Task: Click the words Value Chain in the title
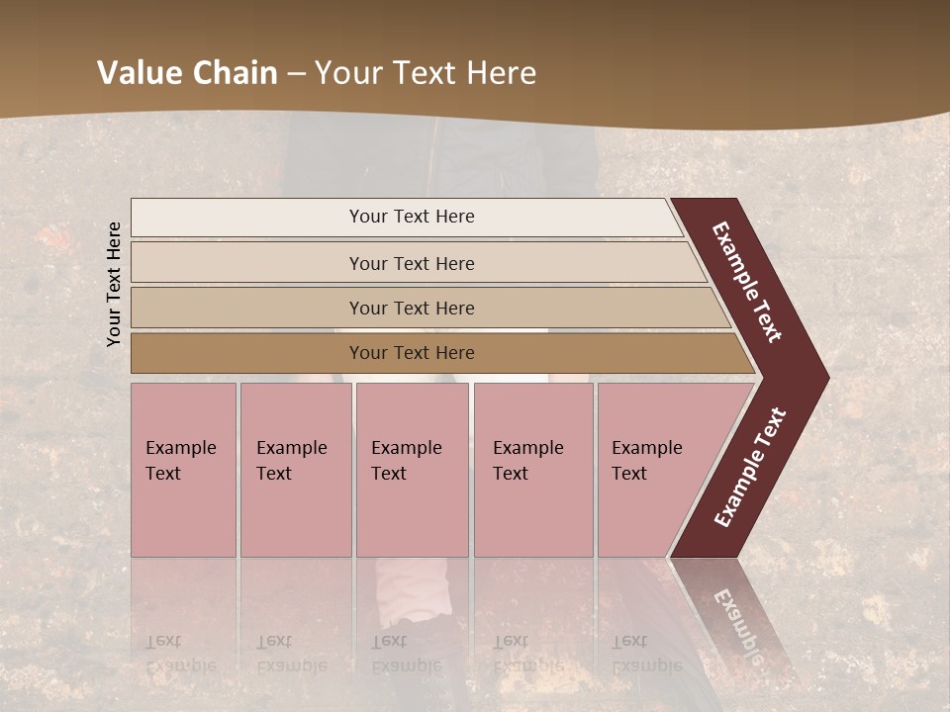pos(187,73)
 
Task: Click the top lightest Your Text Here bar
pos(411,217)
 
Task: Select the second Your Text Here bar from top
pos(411,263)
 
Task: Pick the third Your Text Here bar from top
pos(411,308)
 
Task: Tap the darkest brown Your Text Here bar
pos(411,353)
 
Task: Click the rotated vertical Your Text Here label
pos(114,284)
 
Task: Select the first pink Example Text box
pos(183,470)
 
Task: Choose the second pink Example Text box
pos(295,470)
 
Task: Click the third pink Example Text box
pos(412,470)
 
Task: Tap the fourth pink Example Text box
pos(532,470)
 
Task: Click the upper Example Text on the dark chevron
pos(747,283)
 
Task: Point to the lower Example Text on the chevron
pos(750,468)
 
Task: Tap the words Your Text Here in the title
pos(425,73)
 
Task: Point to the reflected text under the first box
pos(180,654)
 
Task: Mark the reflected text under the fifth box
pos(646,654)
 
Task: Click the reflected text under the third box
pos(406,654)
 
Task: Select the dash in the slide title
pos(296,73)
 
